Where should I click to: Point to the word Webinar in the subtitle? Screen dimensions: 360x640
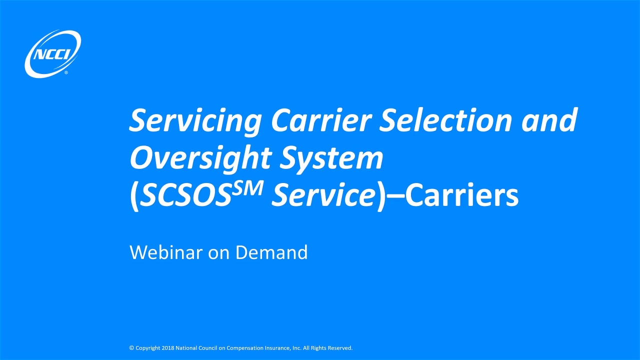[166, 252]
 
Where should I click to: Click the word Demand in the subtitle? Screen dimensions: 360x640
[271, 252]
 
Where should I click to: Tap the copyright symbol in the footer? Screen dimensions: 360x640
[131, 348]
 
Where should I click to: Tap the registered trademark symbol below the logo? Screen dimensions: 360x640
[66, 73]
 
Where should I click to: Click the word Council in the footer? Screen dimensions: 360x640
[208, 348]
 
